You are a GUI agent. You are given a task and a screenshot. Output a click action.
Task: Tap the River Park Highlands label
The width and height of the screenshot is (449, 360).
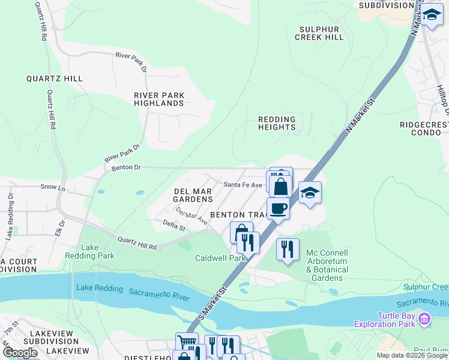159,99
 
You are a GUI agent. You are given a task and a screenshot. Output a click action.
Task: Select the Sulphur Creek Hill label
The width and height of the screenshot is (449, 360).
319,33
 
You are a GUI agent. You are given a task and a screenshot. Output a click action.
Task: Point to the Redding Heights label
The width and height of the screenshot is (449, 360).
277,123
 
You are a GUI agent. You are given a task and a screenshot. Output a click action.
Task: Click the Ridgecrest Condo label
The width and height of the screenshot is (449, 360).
424,128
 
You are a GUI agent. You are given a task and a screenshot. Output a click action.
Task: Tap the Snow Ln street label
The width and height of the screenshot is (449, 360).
52,187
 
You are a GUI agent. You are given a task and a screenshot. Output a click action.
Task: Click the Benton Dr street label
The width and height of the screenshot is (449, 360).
126,168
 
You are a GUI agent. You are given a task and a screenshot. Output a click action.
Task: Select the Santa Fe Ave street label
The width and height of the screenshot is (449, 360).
243,185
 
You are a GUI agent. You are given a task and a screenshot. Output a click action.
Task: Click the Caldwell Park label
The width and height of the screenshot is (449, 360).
220,259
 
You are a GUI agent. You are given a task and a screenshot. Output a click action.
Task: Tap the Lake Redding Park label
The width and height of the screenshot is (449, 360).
98,251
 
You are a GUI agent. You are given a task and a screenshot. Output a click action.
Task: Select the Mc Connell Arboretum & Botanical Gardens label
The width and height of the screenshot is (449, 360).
327,265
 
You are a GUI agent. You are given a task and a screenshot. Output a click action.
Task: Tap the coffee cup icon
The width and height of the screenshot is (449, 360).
278,208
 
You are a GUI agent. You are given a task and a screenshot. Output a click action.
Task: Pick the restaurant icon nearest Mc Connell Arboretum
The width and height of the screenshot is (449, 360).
288,248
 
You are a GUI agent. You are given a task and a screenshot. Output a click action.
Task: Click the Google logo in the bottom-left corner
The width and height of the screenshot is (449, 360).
20,353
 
